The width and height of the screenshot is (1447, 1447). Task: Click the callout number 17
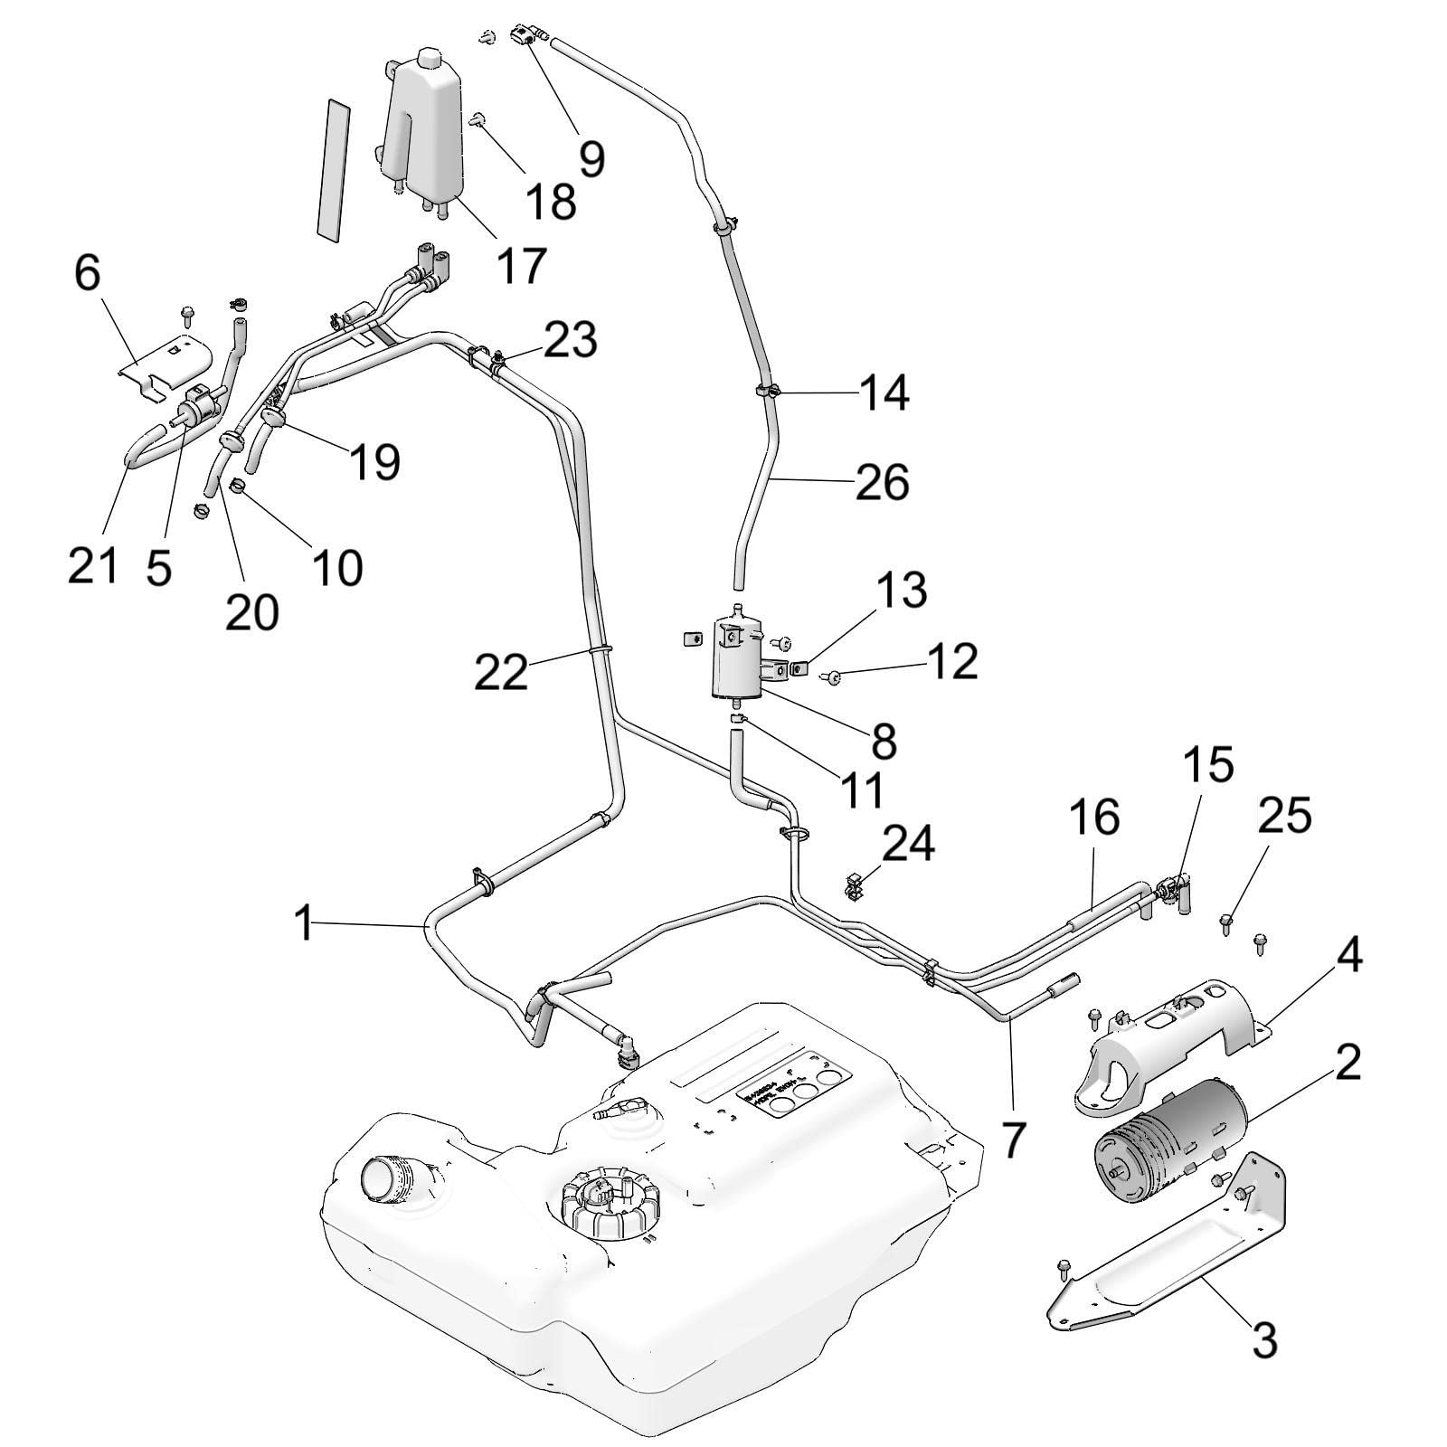pos(522,264)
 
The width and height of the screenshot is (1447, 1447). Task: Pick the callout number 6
pos(87,272)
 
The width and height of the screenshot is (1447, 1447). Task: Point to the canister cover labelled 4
pos(1167,1040)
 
